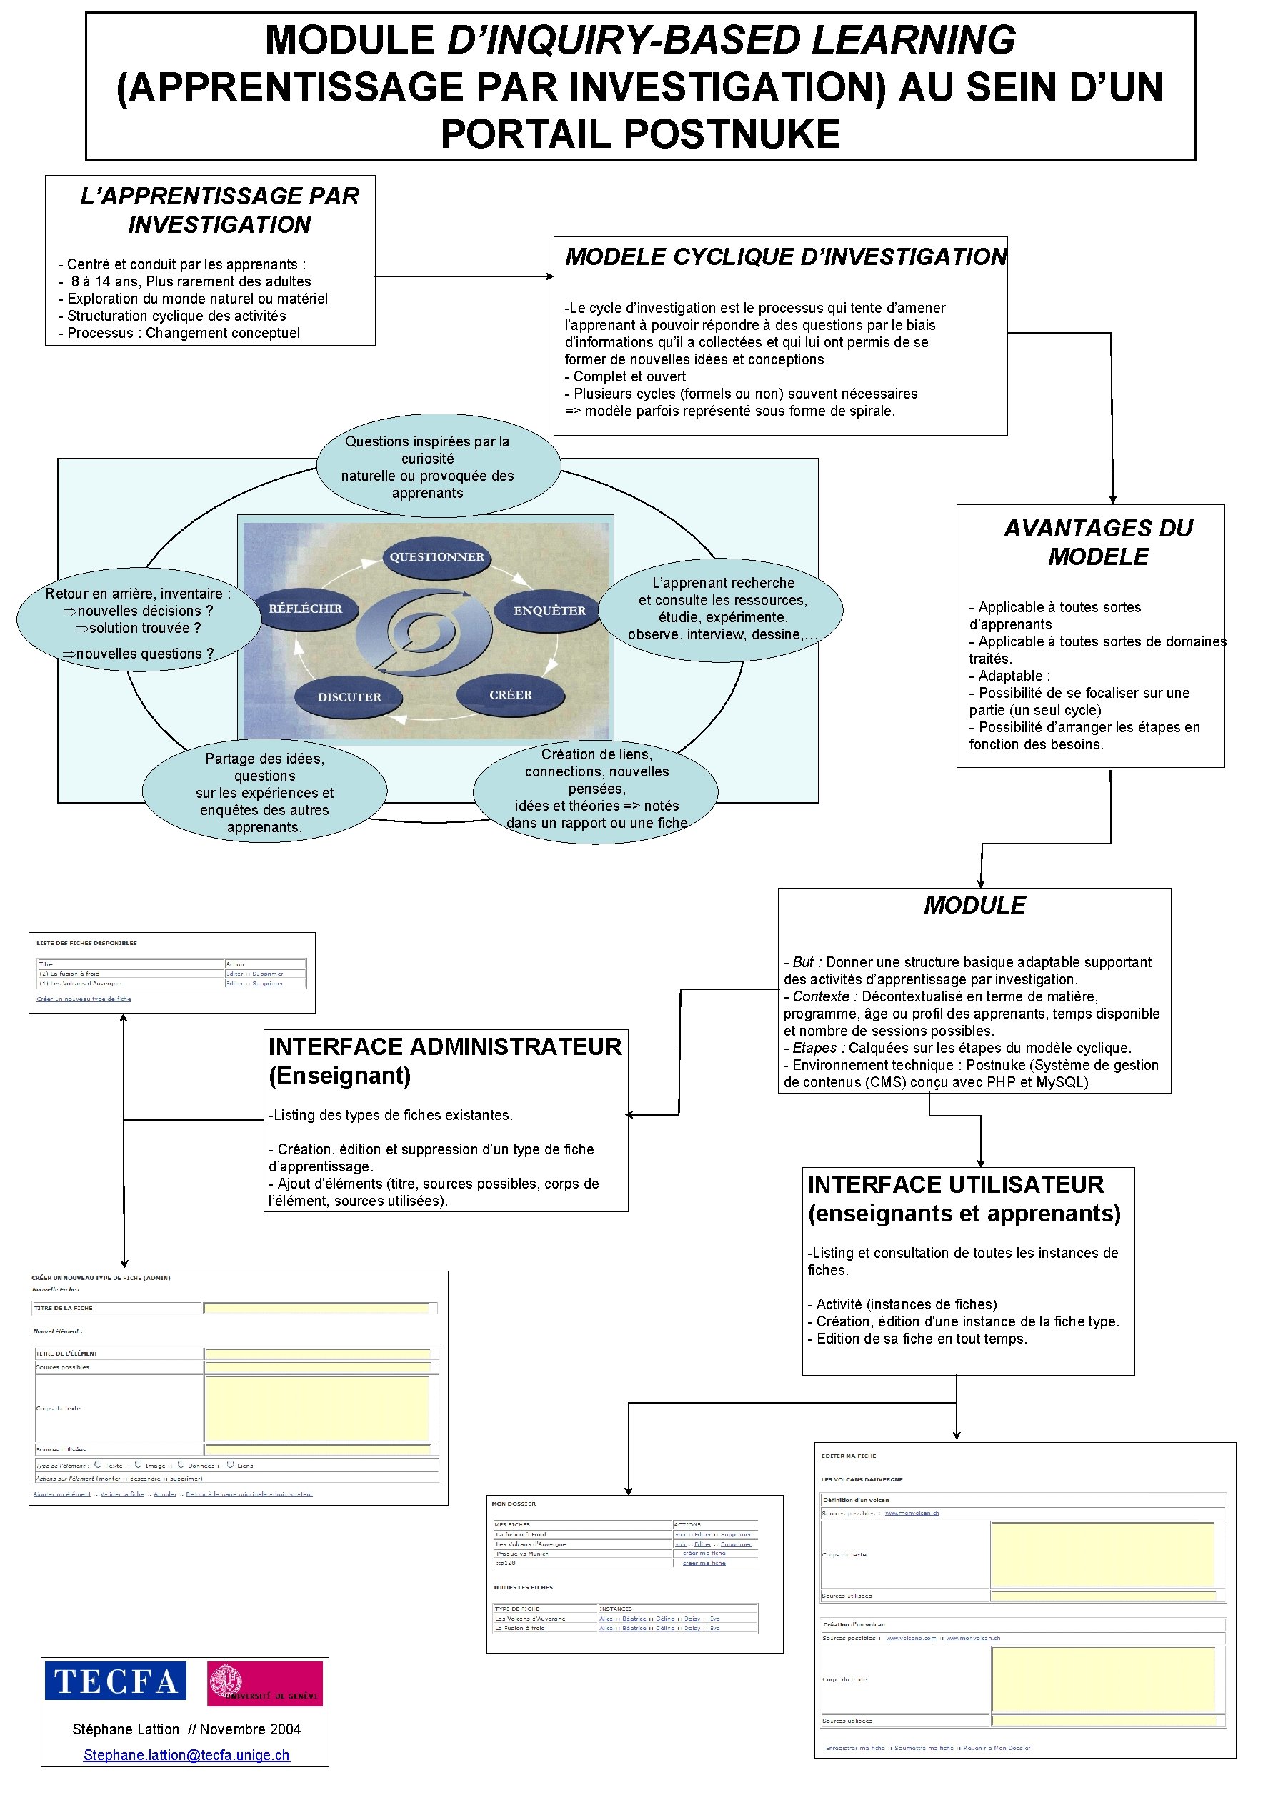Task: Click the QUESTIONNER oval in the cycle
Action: point(436,556)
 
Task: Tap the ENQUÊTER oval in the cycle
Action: point(549,610)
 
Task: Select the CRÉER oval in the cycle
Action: point(510,694)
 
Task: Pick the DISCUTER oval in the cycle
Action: point(349,696)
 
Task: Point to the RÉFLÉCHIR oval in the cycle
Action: point(305,609)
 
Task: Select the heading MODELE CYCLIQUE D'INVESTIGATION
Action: point(785,256)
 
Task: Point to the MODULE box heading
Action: point(974,906)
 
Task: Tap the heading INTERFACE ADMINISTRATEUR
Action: point(444,1046)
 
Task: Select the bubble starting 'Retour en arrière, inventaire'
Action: point(138,619)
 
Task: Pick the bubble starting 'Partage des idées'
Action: point(264,792)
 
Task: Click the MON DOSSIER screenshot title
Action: point(514,1504)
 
